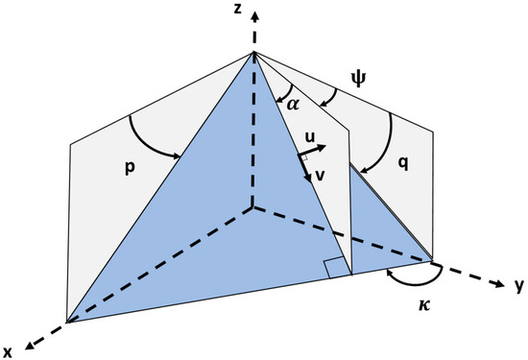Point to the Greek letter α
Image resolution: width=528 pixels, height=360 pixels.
(x=294, y=103)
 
